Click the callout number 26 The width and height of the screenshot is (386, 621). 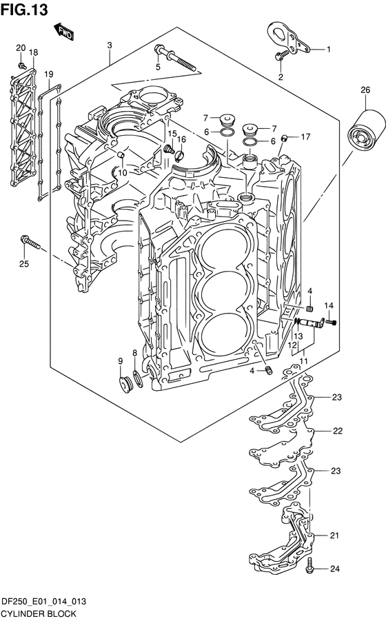365,90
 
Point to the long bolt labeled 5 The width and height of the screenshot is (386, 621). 176,58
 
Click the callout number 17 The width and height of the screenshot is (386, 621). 305,136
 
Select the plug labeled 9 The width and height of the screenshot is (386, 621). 126,385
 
